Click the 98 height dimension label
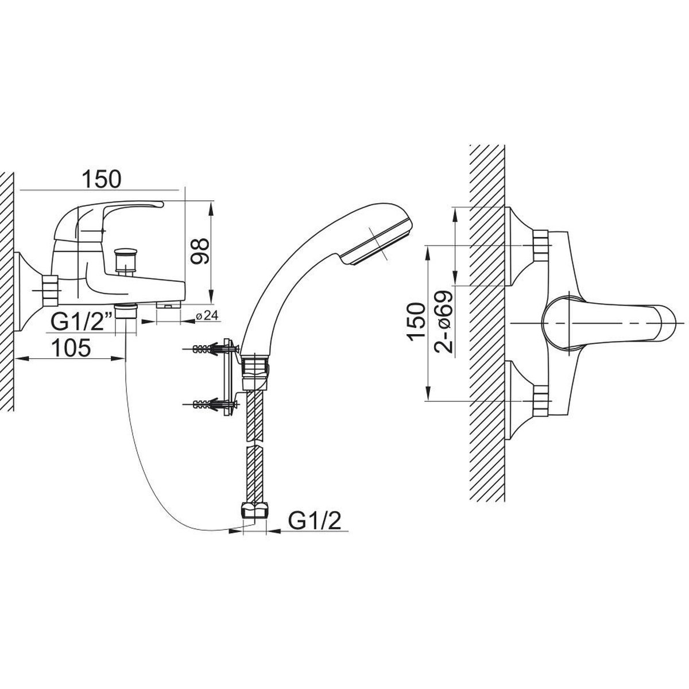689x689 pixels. tap(199, 251)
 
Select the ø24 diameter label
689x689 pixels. tap(207, 315)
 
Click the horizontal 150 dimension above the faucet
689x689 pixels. tap(102, 179)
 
